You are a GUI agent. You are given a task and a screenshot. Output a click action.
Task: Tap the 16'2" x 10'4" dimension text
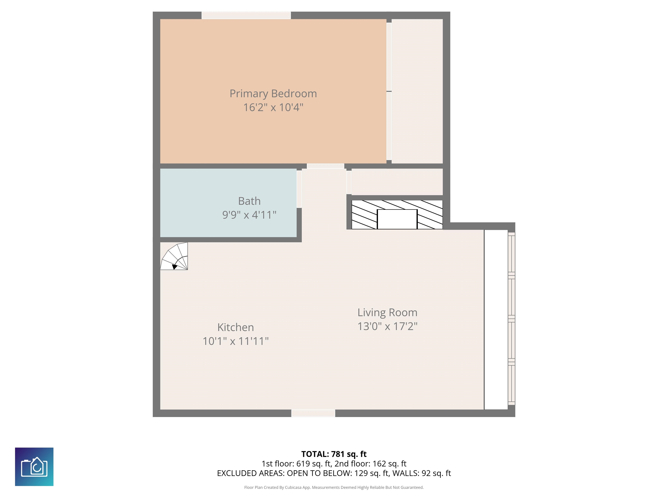[273, 107]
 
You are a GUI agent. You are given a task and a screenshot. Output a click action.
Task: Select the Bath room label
[249, 201]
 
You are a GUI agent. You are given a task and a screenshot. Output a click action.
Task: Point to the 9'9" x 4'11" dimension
[249, 215]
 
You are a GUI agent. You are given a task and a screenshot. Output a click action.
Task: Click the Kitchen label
[235, 327]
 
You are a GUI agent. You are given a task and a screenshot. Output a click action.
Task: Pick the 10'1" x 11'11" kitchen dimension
[235, 341]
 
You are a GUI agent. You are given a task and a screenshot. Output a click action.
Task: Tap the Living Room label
[387, 312]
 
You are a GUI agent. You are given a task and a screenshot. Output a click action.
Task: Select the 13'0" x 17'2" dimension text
[387, 326]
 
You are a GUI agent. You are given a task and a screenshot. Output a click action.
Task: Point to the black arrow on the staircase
[174, 267]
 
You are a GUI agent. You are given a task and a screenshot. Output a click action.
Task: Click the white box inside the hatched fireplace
[397, 219]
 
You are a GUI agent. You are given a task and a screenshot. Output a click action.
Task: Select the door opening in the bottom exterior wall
[313, 413]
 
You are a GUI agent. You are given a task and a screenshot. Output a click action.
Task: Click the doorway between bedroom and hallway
[325, 166]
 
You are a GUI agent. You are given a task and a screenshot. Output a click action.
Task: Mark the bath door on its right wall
[299, 189]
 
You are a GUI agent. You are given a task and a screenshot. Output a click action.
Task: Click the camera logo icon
[34, 467]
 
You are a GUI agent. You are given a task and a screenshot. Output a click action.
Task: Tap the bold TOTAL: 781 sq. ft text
[334, 454]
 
